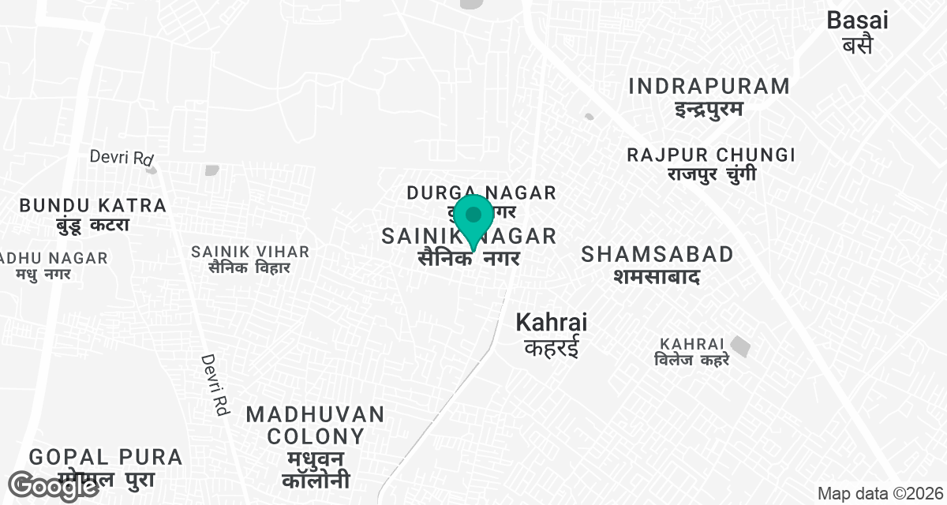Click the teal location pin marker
tap(473, 218)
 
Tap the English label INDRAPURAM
tap(709, 86)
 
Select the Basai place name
tap(857, 21)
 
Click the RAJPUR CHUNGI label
tap(710, 155)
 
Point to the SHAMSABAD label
tap(657, 254)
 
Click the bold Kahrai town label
tap(551, 322)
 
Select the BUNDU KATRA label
tap(93, 205)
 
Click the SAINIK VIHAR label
tap(250, 252)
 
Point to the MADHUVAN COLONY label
tap(316, 425)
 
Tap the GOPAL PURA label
tap(106, 456)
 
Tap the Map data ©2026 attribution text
tap(879, 494)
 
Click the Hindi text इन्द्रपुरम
tap(709, 108)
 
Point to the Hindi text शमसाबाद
tap(657, 276)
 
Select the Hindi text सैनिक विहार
tap(249, 268)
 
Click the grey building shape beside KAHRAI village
tap(740, 346)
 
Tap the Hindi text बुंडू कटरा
tap(92, 226)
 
